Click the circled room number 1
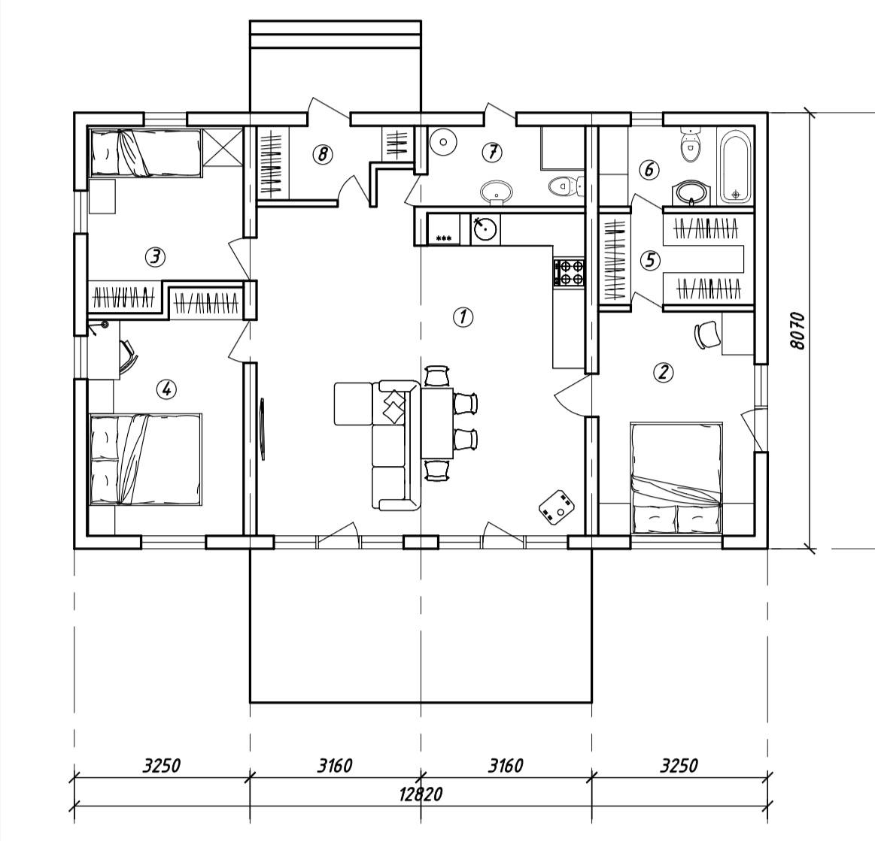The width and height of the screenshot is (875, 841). point(463,316)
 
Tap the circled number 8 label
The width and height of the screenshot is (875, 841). point(323,154)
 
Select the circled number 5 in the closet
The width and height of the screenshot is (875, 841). point(649,260)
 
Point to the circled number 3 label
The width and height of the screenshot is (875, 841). point(155,257)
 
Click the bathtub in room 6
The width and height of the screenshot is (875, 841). point(736,167)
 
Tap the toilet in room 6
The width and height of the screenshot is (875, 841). point(690,145)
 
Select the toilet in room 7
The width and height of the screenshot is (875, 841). point(566,186)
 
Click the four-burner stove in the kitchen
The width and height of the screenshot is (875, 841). point(569,273)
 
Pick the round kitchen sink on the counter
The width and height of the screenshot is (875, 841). point(485,228)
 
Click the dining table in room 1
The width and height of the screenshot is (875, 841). point(437,423)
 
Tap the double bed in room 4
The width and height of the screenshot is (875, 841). point(145,459)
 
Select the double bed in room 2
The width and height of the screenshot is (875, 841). point(676,479)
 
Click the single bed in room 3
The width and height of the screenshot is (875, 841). point(145,153)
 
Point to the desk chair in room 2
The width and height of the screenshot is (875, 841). point(706,335)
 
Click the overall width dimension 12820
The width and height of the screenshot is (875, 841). point(421,793)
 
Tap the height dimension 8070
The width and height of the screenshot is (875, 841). point(798,331)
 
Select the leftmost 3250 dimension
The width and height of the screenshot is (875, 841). point(162,765)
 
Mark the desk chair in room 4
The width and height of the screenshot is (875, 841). point(128,357)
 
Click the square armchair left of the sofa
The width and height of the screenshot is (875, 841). point(354,404)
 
